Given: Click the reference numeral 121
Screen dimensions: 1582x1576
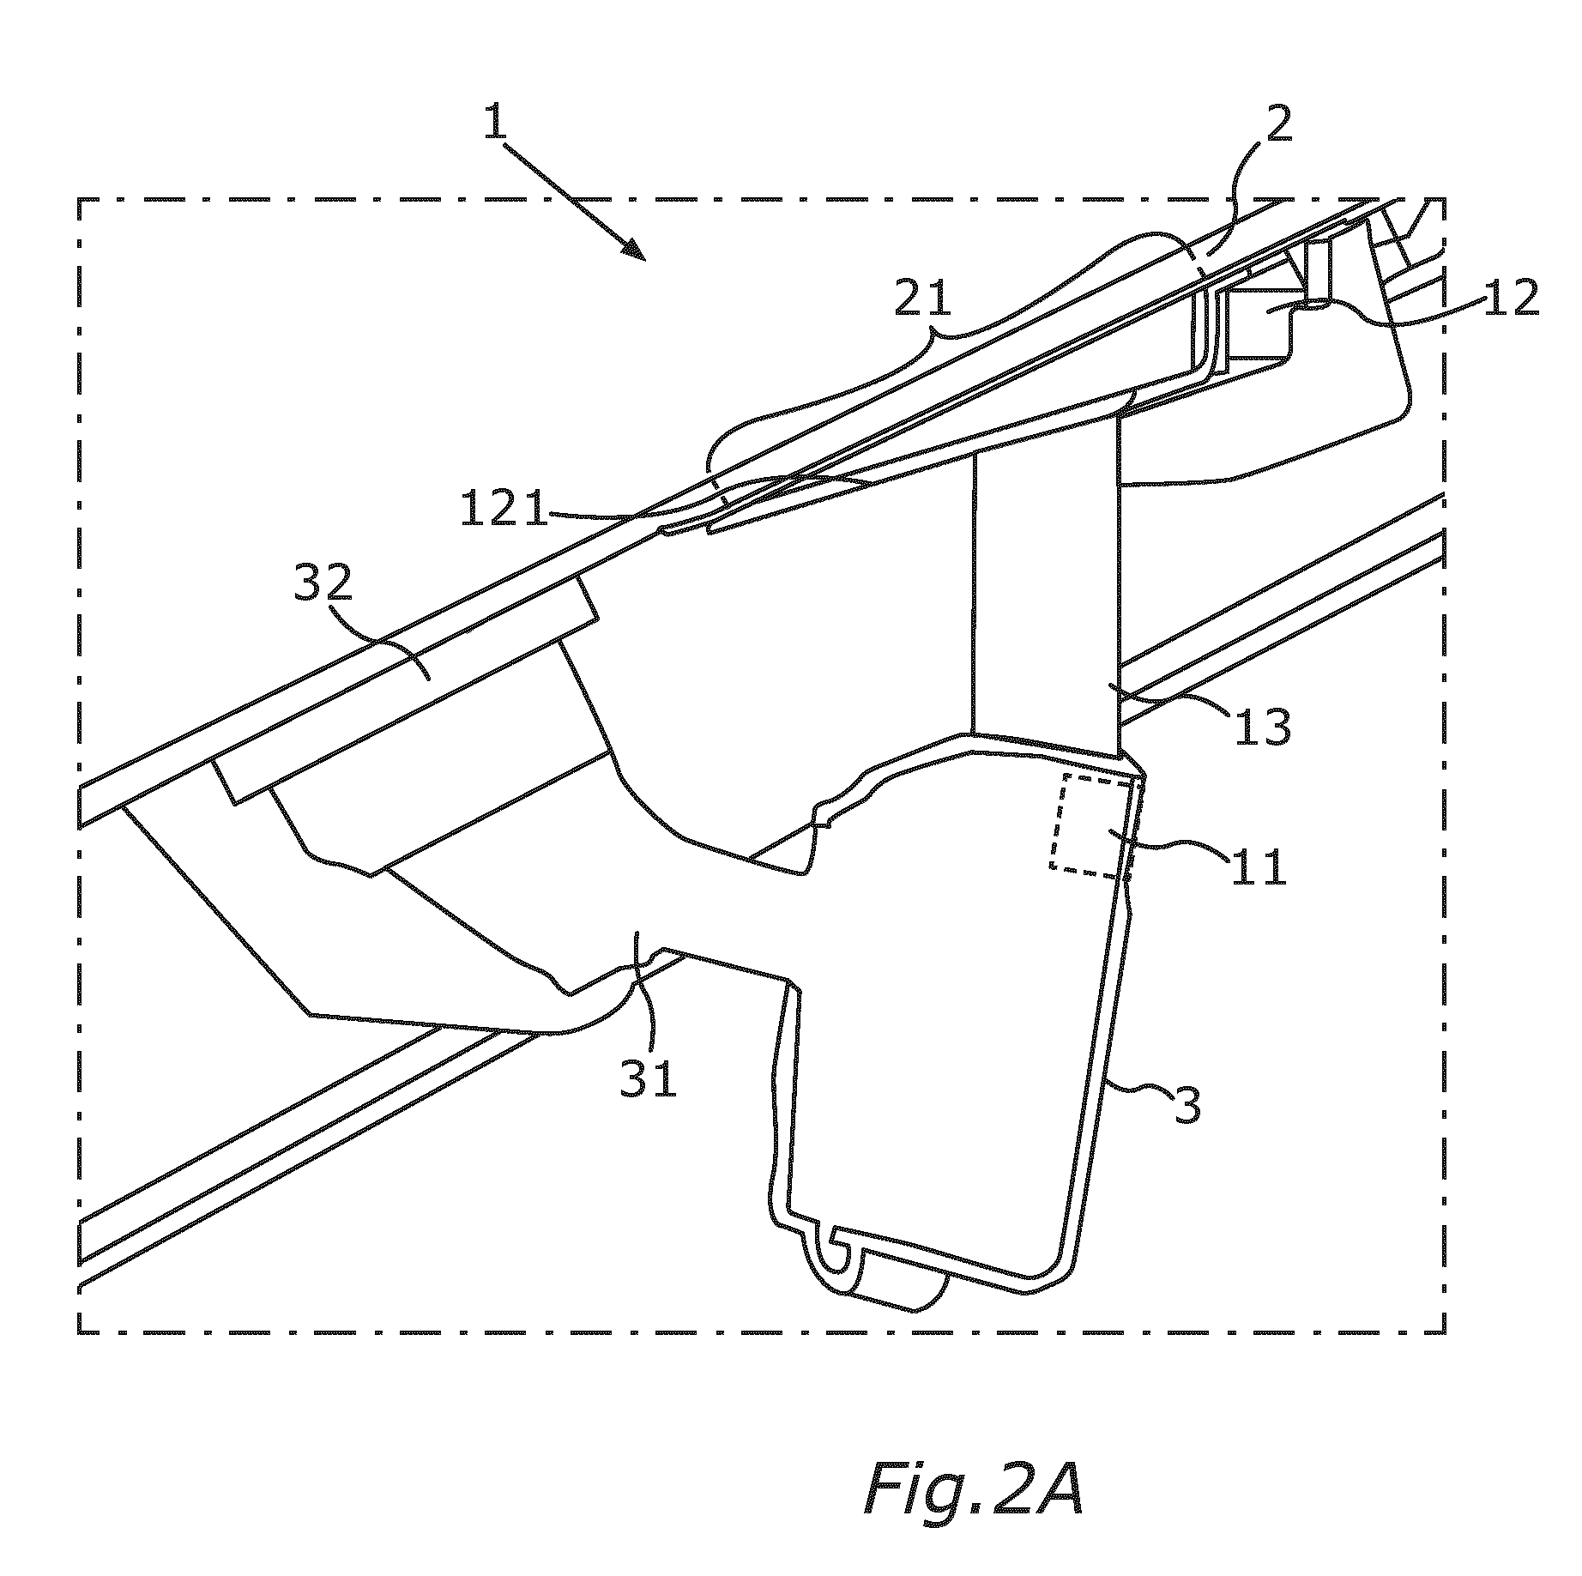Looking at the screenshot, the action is [504, 509].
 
